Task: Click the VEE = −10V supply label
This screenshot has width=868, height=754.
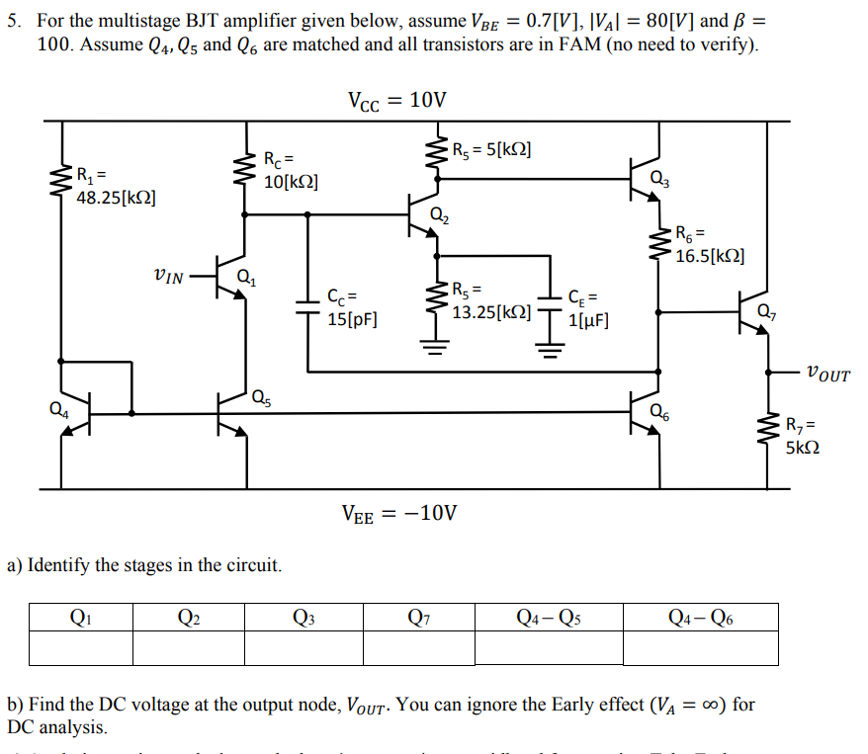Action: pyautogui.click(x=398, y=513)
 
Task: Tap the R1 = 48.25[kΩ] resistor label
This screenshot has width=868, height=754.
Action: pyautogui.click(x=115, y=188)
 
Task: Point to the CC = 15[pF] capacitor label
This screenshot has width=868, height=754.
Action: pyautogui.click(x=350, y=306)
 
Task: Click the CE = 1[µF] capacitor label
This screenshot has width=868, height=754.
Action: pyautogui.click(x=589, y=307)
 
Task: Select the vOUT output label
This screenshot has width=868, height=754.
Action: pyautogui.click(x=827, y=374)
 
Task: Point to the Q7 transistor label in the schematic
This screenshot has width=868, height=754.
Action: pyautogui.click(x=766, y=313)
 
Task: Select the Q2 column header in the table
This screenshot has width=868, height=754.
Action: pyautogui.click(x=189, y=618)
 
